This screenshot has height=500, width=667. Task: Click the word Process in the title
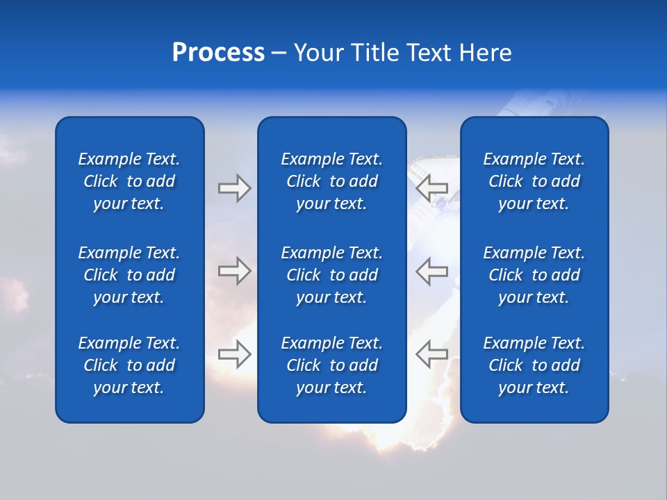218,53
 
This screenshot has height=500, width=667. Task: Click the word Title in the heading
374,53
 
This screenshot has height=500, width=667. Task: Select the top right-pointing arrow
234,188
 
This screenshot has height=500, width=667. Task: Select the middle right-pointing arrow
234,271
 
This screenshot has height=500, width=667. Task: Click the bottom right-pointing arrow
234,354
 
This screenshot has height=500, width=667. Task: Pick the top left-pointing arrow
432,188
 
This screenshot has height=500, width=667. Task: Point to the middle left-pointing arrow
432,271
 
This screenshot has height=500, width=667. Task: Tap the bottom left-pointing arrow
432,354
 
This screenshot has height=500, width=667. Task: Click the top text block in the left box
129,181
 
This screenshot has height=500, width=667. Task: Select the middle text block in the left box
129,275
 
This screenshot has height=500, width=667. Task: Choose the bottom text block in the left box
129,365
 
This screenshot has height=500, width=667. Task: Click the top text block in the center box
331,181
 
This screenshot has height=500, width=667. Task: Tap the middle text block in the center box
331,275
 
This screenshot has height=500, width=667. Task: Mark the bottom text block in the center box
331,365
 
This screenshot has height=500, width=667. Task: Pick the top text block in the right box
534,181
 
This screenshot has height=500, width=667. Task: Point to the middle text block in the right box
534,275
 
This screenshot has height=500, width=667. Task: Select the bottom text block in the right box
534,365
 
